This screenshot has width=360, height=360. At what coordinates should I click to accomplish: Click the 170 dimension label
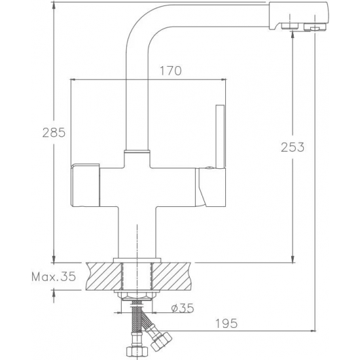click(x=171, y=71)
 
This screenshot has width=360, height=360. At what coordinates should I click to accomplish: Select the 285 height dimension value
click(x=54, y=132)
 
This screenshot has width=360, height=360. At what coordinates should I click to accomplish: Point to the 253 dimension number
click(x=293, y=147)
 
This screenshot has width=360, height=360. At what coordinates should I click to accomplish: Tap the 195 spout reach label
click(x=226, y=323)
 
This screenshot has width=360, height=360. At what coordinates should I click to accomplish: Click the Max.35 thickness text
click(x=54, y=277)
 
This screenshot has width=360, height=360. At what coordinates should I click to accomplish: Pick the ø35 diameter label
click(x=183, y=308)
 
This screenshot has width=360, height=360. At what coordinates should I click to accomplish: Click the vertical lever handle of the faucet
click(x=220, y=137)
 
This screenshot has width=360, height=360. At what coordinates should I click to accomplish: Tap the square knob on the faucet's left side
click(x=85, y=185)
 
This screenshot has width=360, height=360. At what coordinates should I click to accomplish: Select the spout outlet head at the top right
click(x=298, y=16)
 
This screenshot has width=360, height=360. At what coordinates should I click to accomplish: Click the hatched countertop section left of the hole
click(x=103, y=276)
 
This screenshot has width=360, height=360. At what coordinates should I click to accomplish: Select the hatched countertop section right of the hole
click(x=171, y=276)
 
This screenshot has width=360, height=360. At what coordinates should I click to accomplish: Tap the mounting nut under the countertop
click(x=137, y=296)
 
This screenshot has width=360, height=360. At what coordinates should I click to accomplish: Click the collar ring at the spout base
click(x=137, y=152)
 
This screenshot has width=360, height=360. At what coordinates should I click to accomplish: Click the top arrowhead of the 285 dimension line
click(x=54, y=5)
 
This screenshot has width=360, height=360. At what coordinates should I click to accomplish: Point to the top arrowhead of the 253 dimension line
click(x=293, y=35)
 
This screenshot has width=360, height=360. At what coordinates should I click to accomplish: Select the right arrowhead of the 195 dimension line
click(x=313, y=331)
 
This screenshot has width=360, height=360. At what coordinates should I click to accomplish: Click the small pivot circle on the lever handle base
click(x=209, y=168)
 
